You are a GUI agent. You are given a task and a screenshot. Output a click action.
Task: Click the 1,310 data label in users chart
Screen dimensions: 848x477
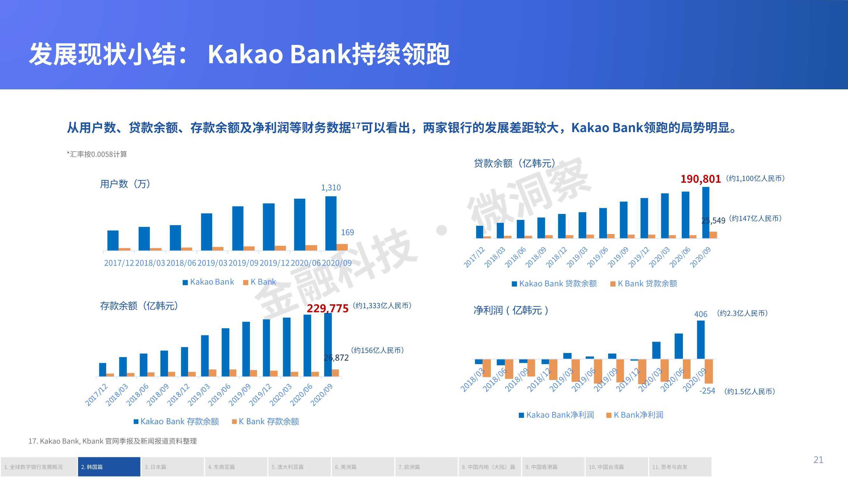click(331, 188)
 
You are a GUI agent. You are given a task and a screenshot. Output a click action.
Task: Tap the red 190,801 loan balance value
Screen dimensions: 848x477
click(700, 179)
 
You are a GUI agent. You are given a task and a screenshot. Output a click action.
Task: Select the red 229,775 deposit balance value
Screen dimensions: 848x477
click(328, 308)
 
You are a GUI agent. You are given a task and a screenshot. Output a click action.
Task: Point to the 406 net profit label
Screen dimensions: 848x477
click(700, 314)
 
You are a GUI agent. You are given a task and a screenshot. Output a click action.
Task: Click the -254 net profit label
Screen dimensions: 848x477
click(707, 391)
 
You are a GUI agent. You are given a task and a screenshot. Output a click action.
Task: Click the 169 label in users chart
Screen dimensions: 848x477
click(347, 232)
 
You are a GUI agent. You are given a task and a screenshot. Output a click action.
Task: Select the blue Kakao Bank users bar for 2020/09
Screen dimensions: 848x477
click(331, 224)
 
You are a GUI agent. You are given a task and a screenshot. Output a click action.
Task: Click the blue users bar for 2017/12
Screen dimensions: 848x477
click(113, 241)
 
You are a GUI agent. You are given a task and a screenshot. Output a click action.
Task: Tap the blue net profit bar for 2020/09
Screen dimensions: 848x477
click(701, 340)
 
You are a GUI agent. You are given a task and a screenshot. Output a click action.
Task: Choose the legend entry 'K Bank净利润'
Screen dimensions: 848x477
click(635, 415)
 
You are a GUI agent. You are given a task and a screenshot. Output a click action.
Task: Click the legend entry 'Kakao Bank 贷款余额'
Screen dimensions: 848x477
click(554, 283)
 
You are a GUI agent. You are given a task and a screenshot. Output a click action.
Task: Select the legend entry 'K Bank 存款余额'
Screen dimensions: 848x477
click(265, 421)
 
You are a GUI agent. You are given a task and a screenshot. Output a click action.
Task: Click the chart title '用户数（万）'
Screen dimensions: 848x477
click(125, 184)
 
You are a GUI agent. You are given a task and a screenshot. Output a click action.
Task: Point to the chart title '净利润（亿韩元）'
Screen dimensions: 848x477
click(511, 310)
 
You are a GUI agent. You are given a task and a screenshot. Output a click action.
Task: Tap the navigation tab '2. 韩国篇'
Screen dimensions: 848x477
click(109, 467)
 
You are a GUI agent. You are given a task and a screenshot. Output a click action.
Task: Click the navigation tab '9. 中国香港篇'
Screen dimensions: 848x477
click(553, 467)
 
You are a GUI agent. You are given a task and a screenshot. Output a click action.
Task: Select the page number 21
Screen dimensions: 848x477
click(818, 460)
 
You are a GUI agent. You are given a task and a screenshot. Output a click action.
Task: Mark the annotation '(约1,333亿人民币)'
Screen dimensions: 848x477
click(382, 306)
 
